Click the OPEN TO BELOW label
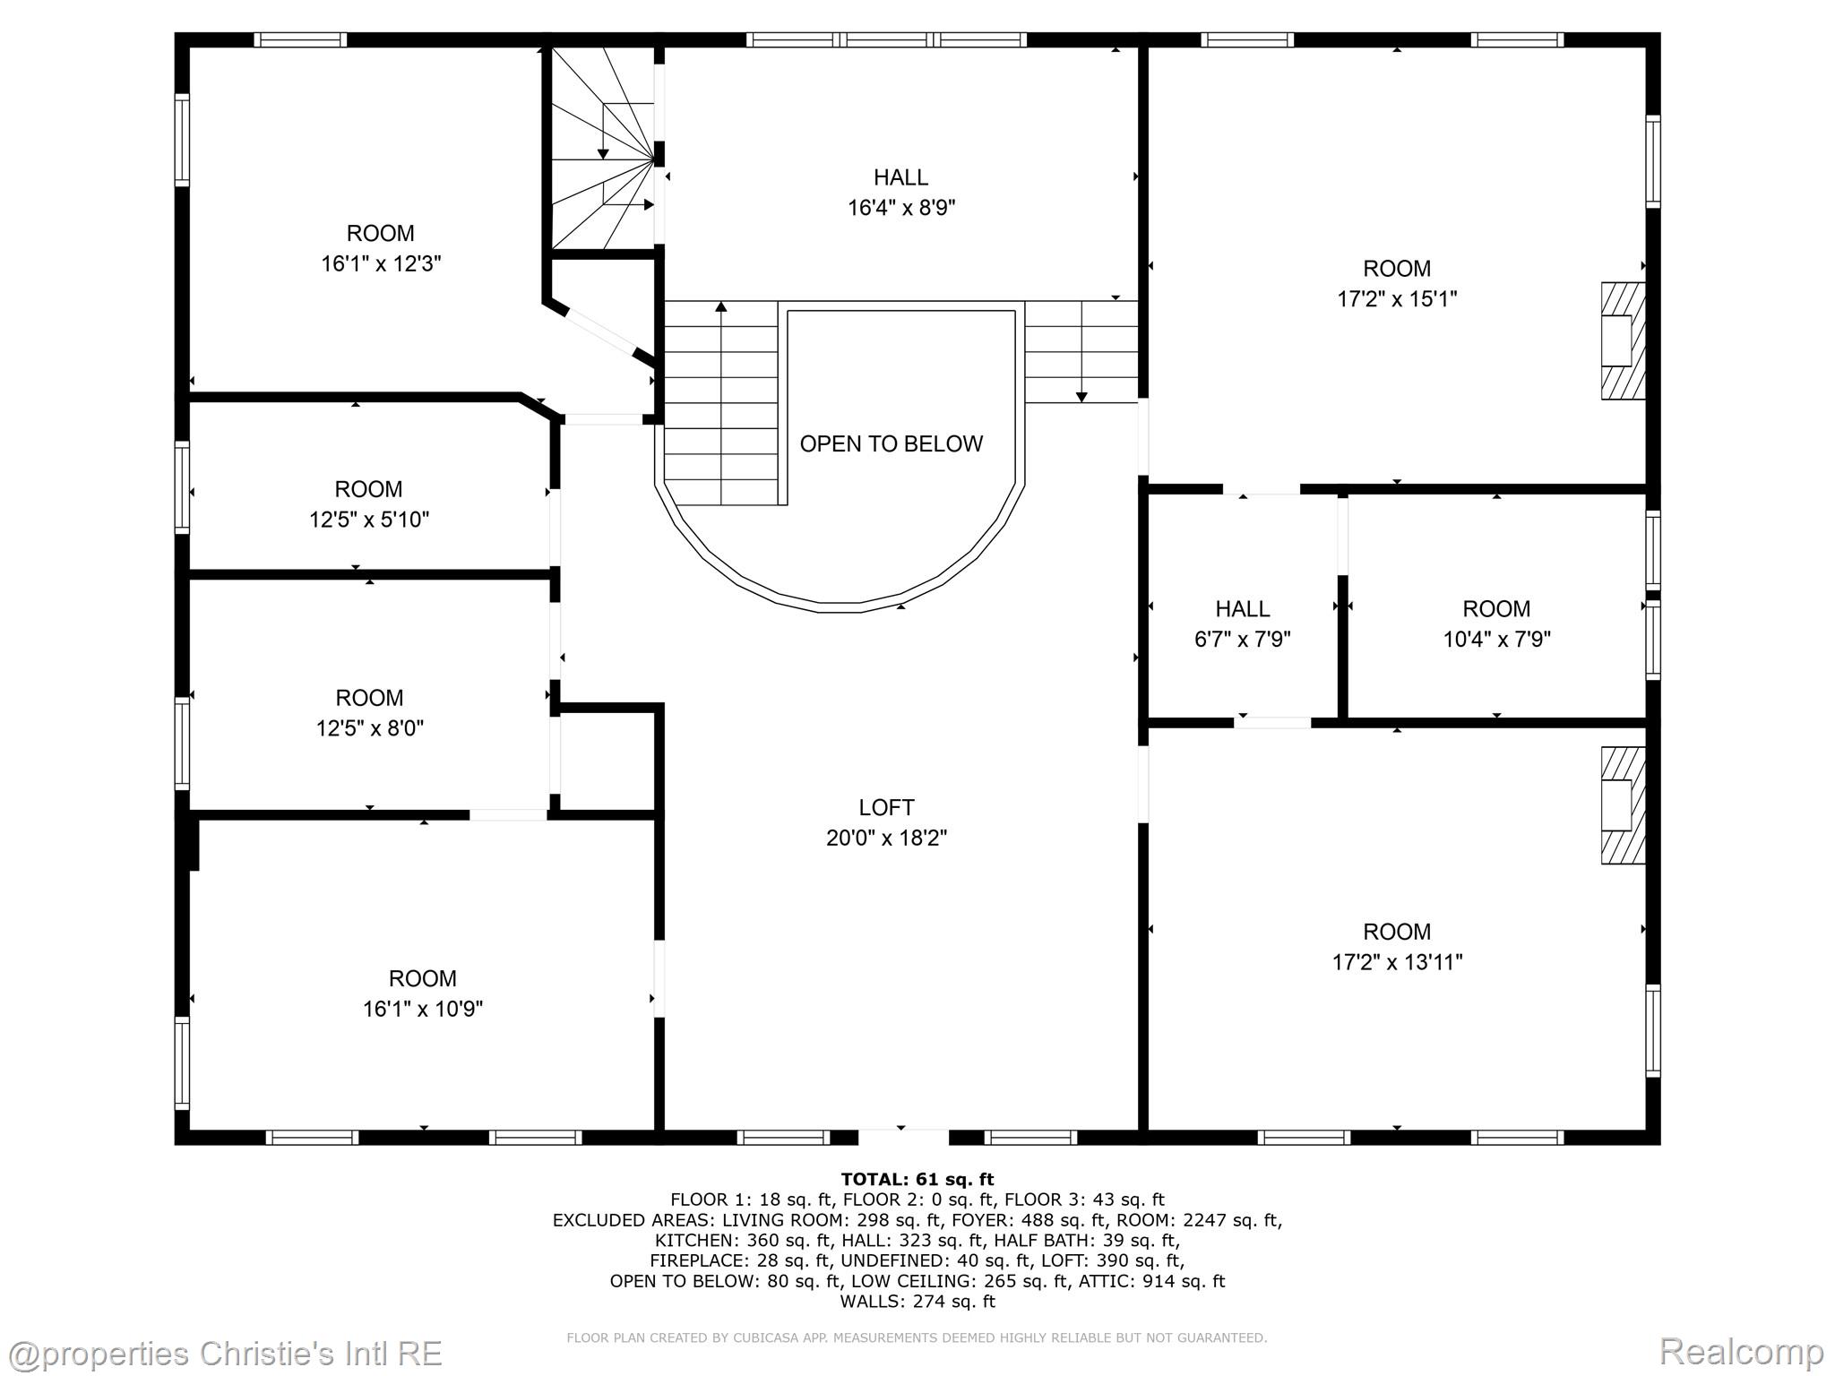pyautogui.click(x=891, y=443)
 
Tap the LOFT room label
pyautogui.click(x=886, y=807)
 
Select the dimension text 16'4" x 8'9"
pyautogui.click(x=901, y=208)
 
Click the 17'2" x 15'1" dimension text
pyautogui.click(x=1397, y=298)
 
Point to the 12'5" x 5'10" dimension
pyautogui.click(x=369, y=520)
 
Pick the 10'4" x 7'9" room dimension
pyautogui.click(x=1496, y=639)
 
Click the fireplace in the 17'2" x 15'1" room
pyautogui.click(x=1623, y=340)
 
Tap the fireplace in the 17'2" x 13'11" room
pyautogui.click(x=1623, y=805)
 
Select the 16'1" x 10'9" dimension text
pyautogui.click(x=423, y=1009)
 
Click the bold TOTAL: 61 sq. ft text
pyautogui.click(x=917, y=1179)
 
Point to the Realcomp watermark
pyautogui.click(x=1742, y=1351)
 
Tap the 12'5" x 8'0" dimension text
pyautogui.click(x=369, y=728)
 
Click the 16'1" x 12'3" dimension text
pyautogui.click(x=381, y=263)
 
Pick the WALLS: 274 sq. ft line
pyautogui.click(x=917, y=1302)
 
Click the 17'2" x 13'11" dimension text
pyautogui.click(x=1397, y=962)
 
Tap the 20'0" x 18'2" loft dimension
pyautogui.click(x=886, y=838)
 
